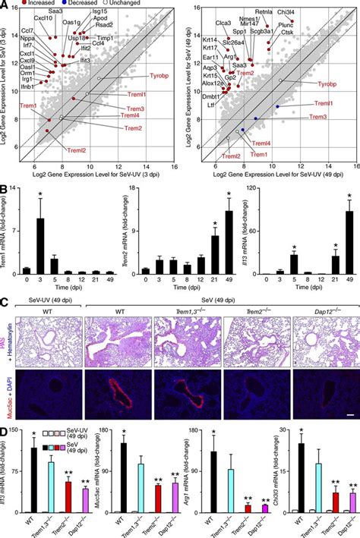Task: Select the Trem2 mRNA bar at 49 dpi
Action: pos(229,243)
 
